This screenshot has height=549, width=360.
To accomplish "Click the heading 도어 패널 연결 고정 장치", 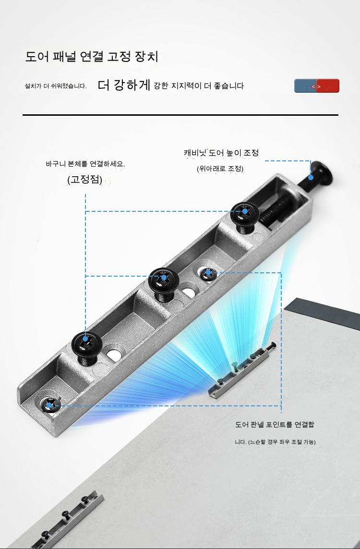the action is click(92, 56).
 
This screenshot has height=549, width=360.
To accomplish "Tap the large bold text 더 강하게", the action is click(124, 85).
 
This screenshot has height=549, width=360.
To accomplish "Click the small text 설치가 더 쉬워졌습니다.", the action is click(56, 86).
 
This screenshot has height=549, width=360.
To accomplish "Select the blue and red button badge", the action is click(317, 86).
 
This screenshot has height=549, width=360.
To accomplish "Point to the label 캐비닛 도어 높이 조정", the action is click(221, 153).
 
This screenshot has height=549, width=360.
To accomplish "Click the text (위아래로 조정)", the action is click(220, 169).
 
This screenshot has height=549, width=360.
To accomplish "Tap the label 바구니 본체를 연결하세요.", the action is click(85, 163).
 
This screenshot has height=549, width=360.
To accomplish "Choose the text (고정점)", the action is click(84, 180).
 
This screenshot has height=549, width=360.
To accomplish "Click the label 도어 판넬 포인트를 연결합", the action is click(275, 424).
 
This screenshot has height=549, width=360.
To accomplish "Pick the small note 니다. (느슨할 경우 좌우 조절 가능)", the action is click(275, 442).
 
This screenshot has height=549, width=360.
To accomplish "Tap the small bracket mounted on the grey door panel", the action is click(242, 370).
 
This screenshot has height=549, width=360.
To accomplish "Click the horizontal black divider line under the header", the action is click(180, 115).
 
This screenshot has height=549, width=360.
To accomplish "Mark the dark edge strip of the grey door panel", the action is click(322, 314).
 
